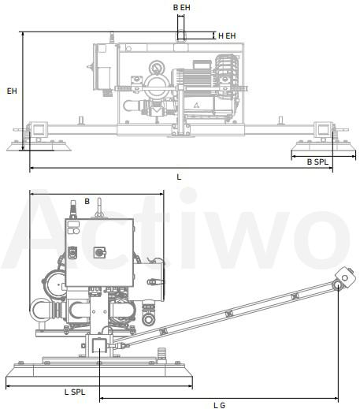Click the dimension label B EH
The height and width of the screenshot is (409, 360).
[181, 8]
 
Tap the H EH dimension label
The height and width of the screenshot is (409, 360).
[227, 35]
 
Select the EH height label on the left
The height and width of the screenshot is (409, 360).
[12, 91]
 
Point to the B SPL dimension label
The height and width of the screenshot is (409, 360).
[317, 162]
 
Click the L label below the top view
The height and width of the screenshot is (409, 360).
[179, 177]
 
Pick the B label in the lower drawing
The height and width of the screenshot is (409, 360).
[87, 202]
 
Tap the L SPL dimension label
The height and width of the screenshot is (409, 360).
[75, 392]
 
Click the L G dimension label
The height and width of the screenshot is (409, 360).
[220, 405]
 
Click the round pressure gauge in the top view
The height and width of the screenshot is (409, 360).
[155, 67]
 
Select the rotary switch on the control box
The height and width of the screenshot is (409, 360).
[99, 252]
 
